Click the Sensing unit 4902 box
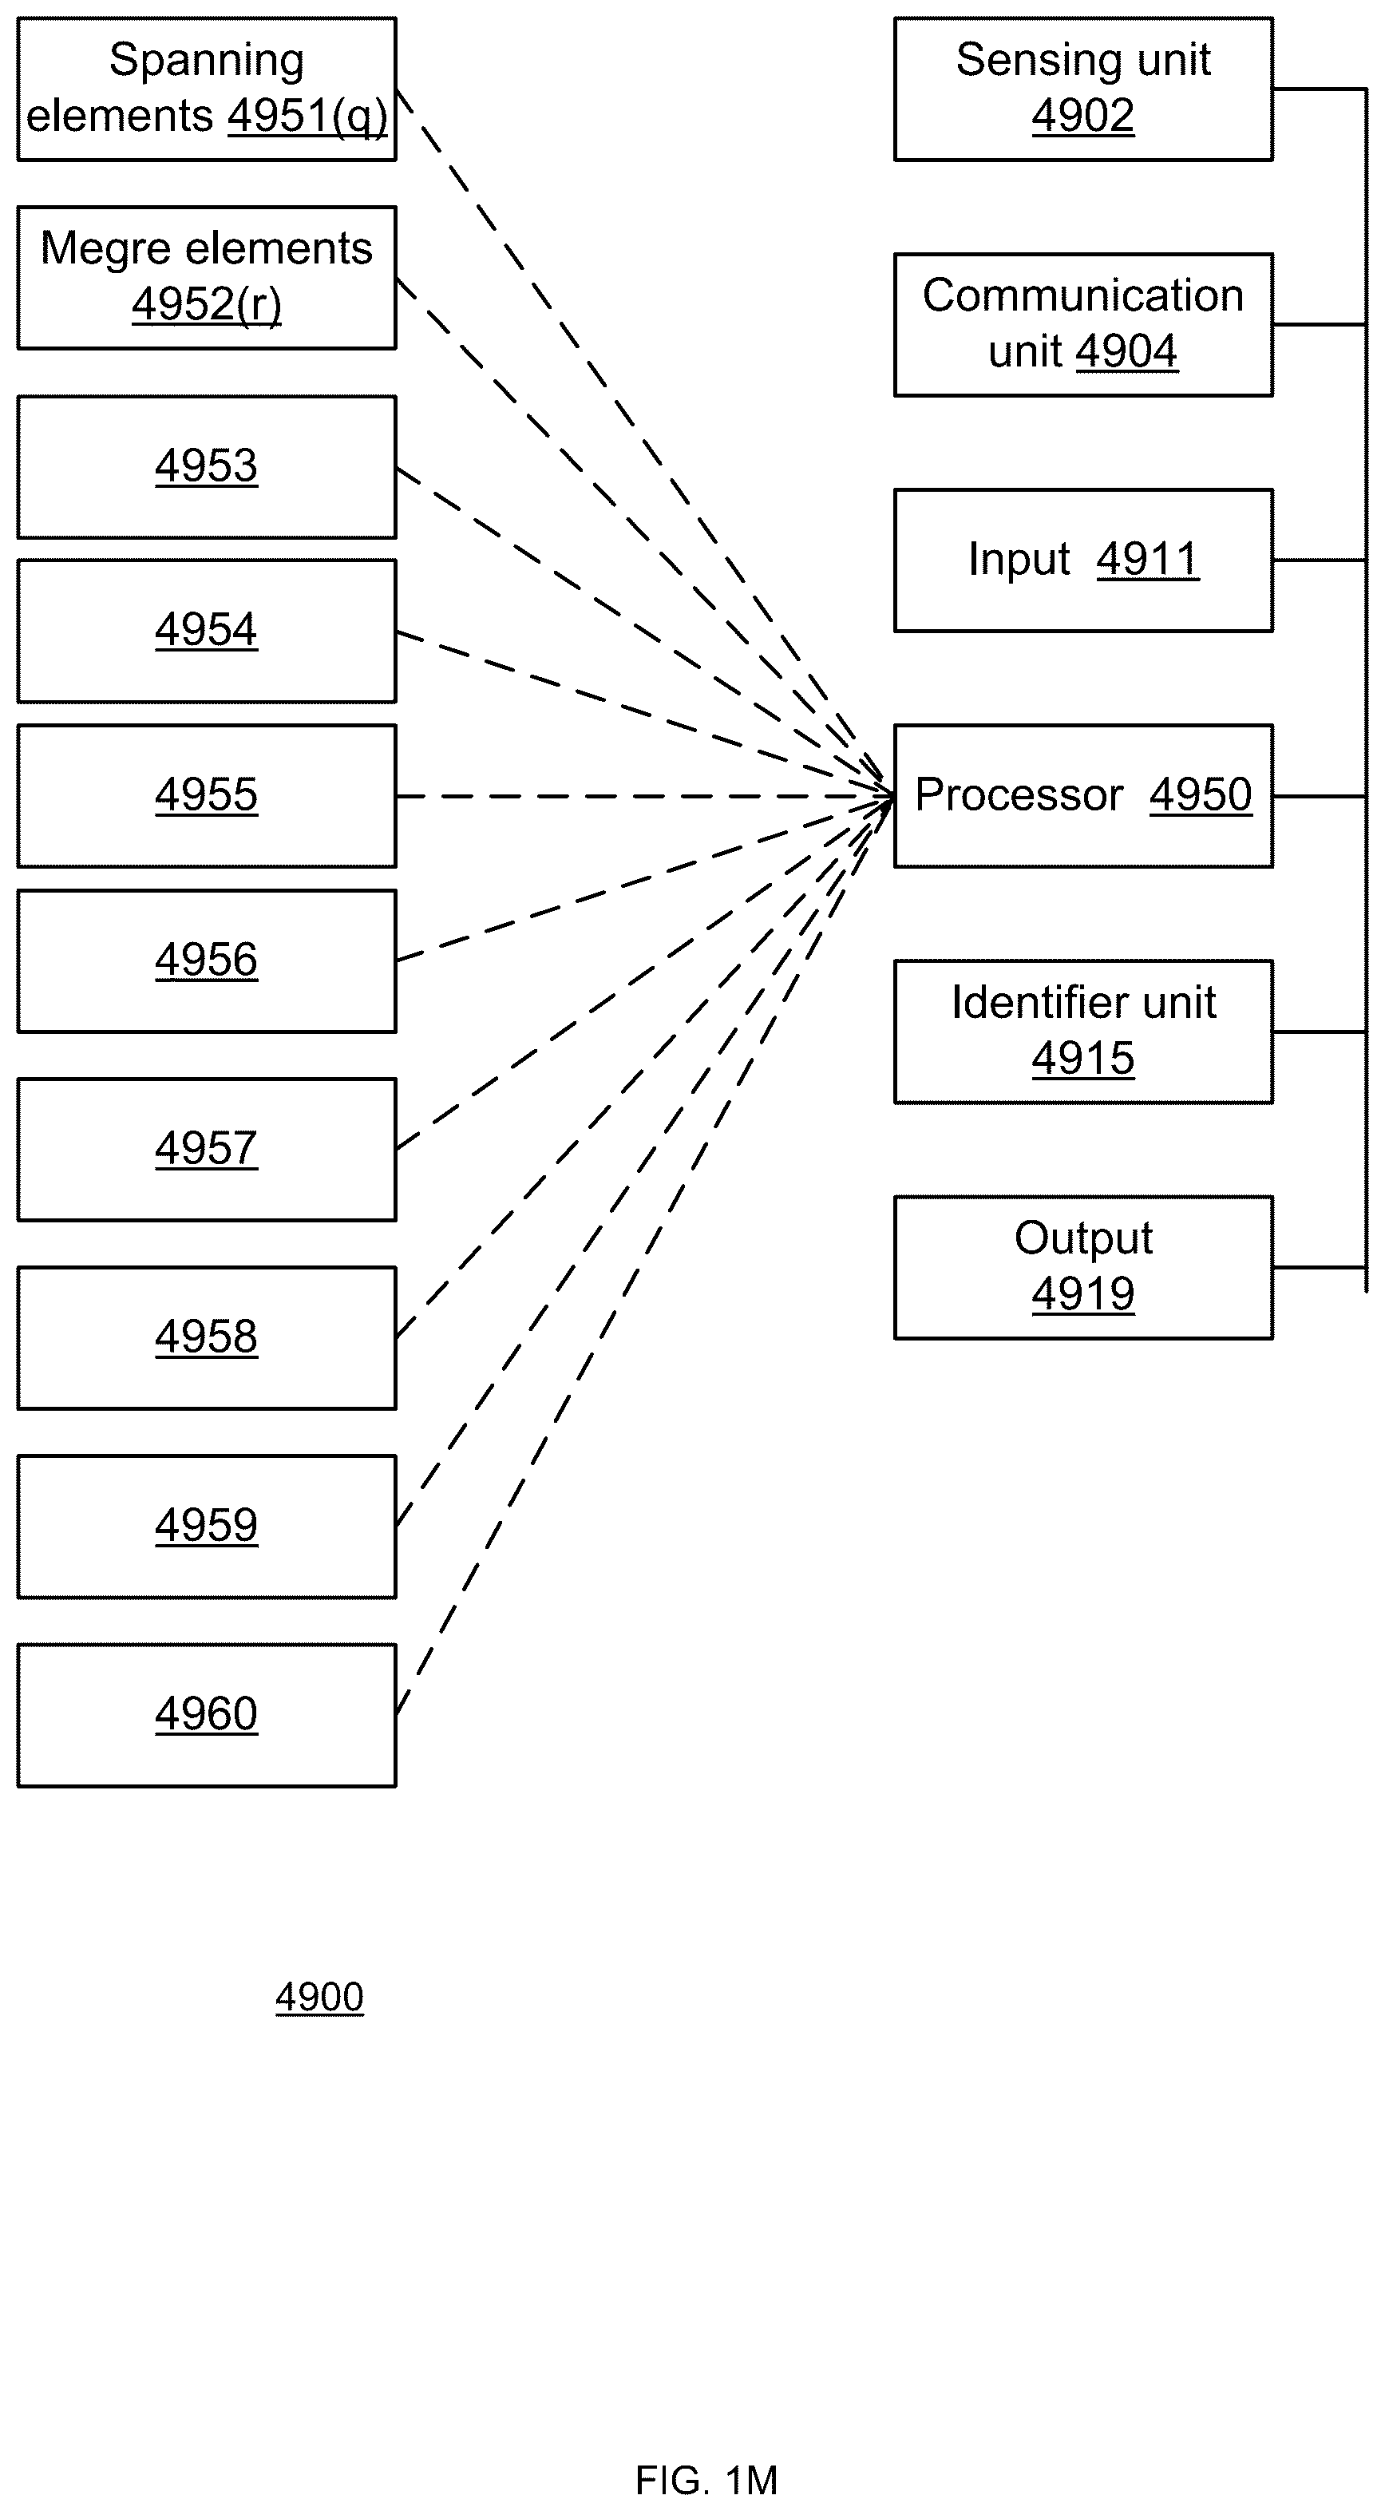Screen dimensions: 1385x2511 pos(1082,89)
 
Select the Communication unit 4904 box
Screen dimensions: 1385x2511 pos(1082,325)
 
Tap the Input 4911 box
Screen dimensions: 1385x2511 pos(1082,560)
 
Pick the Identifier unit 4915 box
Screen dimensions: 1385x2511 pos(1082,1032)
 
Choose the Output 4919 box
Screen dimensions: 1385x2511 pos(1082,1267)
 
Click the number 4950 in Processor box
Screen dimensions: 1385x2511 pos(1200,794)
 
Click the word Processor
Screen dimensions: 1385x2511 pos(1019,794)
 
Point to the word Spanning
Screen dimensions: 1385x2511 pos(207,61)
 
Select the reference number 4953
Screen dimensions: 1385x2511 pos(207,466)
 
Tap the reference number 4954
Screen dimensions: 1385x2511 pos(207,630)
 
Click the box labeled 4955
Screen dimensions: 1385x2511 pos(207,795)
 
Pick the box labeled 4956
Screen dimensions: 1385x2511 pos(207,960)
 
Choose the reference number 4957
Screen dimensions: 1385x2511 pos(207,1148)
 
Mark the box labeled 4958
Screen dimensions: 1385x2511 pos(207,1337)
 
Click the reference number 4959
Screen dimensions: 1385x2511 pos(207,1526)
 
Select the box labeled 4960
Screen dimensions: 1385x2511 pos(207,1715)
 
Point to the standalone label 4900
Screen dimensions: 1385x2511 pos(319,1998)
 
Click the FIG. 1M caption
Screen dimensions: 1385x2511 pos(706,2480)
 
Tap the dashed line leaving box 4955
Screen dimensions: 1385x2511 pos(645,796)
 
